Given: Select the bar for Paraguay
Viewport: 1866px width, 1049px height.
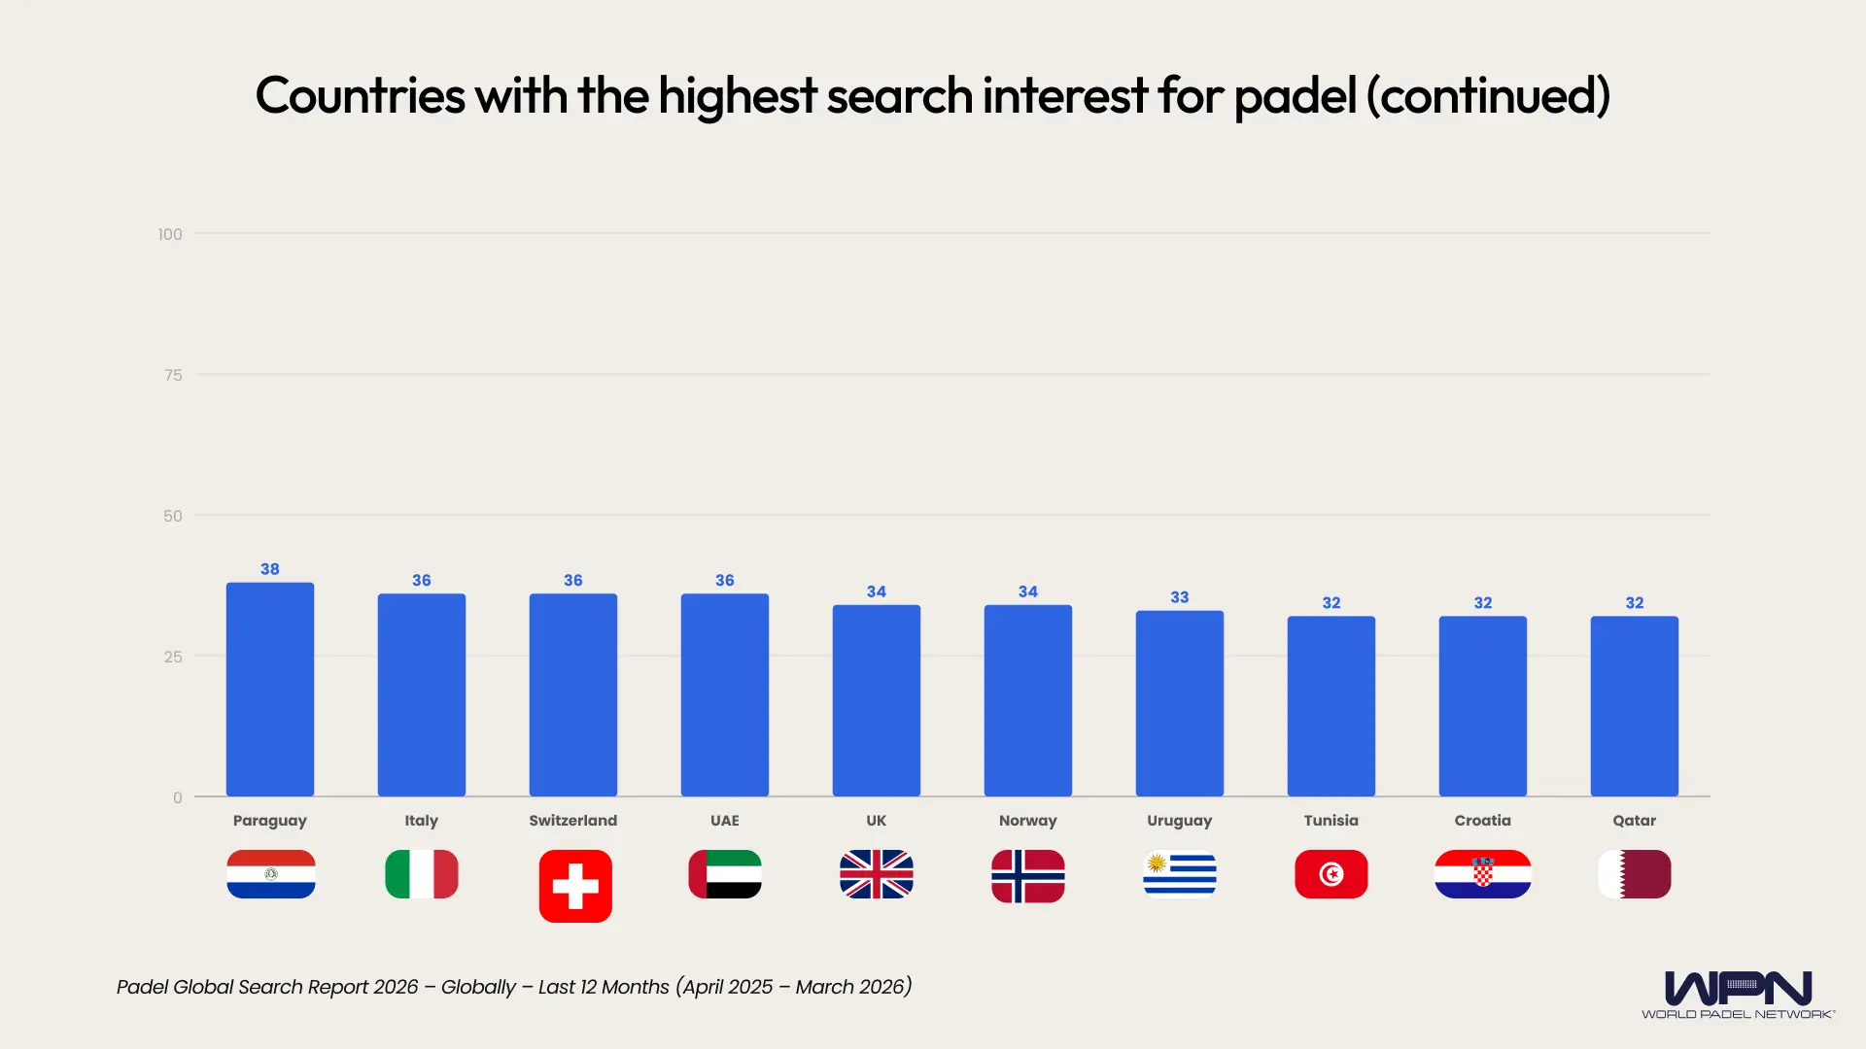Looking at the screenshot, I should coord(270,690).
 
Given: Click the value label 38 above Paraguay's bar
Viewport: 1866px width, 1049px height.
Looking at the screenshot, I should coord(270,569).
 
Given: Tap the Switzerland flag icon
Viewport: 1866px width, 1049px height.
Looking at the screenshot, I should coord(575,886).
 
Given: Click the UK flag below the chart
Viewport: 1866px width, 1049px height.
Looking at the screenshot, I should coord(877,874).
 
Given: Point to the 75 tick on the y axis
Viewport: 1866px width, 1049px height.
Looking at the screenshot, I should coord(173,375).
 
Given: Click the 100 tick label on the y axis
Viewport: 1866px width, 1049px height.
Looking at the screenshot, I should coord(170,234).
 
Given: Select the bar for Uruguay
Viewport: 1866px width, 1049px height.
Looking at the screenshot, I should coord(1180,703).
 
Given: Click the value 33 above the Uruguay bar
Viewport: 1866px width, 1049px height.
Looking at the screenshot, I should coord(1180,597).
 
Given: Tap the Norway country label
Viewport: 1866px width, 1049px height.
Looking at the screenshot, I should coord(1028,821).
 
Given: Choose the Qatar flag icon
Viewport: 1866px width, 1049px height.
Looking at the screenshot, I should coord(1635,874).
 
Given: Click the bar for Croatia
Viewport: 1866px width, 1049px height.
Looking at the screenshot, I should coord(1483,706).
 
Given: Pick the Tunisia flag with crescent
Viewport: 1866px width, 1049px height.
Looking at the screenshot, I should coord(1331,874).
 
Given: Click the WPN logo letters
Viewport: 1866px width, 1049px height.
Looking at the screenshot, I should coord(1738,989).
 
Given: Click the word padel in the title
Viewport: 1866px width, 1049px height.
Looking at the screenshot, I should coord(1295,96).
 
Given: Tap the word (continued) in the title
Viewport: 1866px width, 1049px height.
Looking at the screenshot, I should coord(1489,96).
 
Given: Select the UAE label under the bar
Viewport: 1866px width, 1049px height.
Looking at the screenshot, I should coord(725,821).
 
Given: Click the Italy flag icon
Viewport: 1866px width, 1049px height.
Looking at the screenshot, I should coord(422,874).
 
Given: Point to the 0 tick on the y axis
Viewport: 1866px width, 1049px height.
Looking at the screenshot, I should coord(178,797).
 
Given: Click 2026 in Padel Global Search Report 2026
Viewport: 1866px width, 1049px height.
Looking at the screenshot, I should coord(396,987).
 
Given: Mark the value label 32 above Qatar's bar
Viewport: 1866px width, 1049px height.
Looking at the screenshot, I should coord(1635,603).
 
